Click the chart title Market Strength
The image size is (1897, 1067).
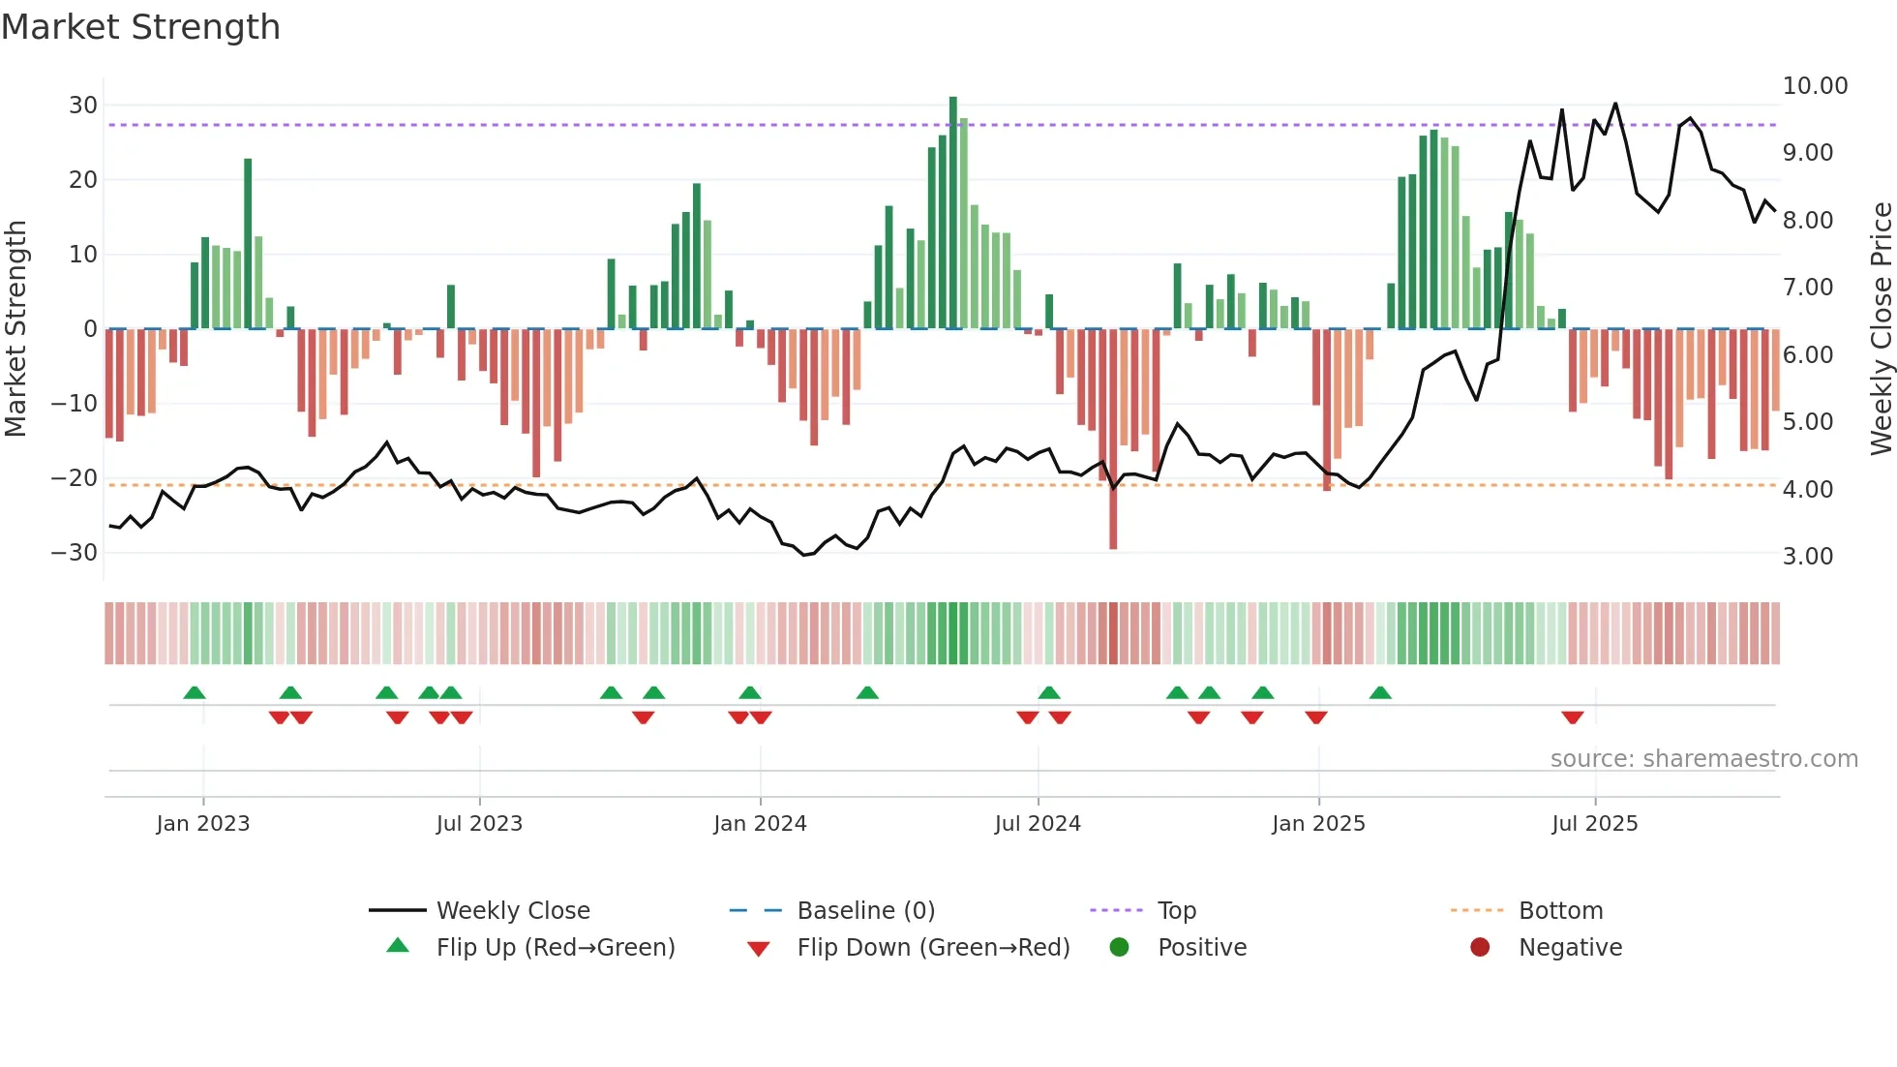140,27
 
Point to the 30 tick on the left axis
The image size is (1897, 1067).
83,106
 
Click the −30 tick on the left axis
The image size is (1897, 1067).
75,553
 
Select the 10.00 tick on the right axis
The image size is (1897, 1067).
1815,86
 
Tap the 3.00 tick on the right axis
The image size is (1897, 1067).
1808,557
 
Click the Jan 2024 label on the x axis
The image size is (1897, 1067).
760,824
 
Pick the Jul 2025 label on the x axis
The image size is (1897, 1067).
1594,824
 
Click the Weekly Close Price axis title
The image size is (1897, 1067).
1881,329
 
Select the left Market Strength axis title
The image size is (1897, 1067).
16,329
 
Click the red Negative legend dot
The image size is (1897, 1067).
1480,948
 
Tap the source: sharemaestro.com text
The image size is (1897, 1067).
1703,759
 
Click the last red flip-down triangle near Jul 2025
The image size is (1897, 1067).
1572,717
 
